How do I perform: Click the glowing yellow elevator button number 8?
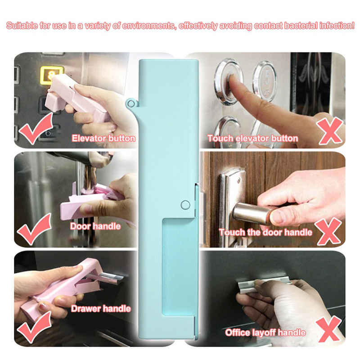point(51,75)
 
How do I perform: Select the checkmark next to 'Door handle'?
point(34,229)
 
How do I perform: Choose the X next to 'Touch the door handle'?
point(328,231)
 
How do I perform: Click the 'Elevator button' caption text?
point(103,138)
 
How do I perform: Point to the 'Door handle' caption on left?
point(95,226)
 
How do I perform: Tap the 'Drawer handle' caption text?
point(101,308)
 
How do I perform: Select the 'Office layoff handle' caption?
point(265,332)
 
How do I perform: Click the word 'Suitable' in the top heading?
point(22,25)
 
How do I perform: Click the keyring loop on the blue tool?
point(131,103)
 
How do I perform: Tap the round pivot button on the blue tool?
point(185,205)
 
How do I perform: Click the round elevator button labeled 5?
point(264,81)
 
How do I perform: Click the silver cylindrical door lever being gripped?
point(252,212)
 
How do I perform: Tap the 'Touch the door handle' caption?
point(265,232)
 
